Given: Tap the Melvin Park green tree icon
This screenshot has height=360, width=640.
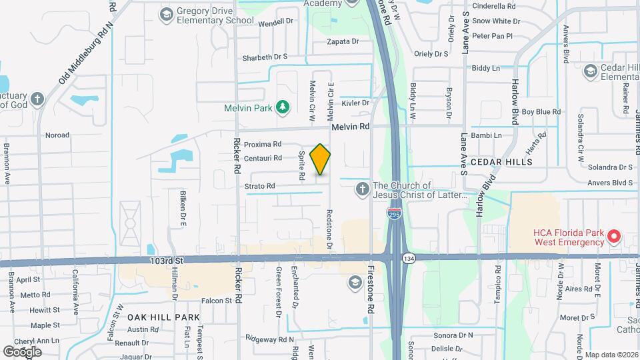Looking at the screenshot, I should pos(283,107).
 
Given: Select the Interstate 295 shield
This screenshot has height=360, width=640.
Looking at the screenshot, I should pos(394,213).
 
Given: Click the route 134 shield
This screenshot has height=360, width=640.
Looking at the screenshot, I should pos(409,257).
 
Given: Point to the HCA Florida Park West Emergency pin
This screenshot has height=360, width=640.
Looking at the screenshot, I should pos(615,237).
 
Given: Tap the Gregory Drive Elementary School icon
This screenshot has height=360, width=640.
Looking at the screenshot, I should pos(166,13).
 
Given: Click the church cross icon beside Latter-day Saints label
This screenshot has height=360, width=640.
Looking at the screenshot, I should pos(362,189).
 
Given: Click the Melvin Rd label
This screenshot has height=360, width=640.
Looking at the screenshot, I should pos(350,126).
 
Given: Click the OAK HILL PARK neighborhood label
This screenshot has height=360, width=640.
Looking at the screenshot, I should pos(163,317).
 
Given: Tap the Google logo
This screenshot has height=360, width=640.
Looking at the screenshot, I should pos(22,351).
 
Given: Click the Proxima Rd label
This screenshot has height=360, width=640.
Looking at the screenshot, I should pos(262,144).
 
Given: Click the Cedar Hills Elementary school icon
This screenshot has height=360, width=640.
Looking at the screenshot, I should pos(590,71).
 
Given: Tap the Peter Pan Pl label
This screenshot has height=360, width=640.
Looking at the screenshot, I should pos(492,36).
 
